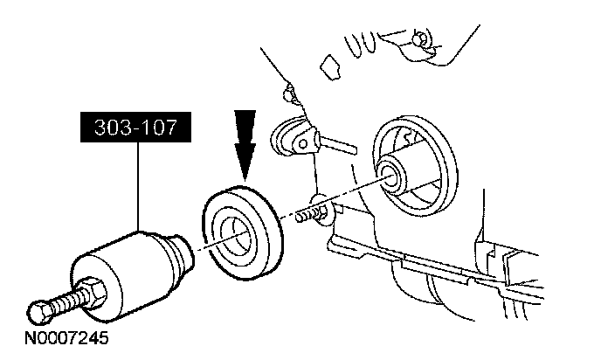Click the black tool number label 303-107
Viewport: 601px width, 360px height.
(x=135, y=130)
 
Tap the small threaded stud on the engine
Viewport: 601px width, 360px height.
(x=306, y=213)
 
